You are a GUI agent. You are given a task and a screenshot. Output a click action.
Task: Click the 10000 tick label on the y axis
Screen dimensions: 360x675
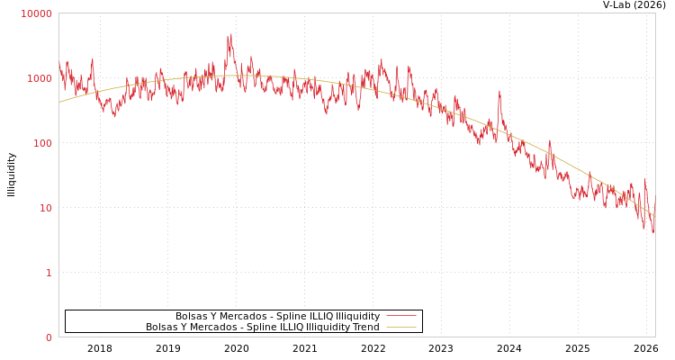pos(37,13)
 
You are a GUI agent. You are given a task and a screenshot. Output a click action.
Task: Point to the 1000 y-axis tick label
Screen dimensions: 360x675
pos(40,78)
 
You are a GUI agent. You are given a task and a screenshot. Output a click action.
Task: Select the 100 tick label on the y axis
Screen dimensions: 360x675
pos(42,143)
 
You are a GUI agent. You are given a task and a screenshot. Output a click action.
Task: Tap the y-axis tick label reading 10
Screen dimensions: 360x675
pos(45,208)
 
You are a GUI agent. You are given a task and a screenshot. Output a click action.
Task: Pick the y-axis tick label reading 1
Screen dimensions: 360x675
pos(49,273)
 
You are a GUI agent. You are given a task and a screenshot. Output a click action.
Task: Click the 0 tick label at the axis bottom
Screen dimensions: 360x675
pos(49,337)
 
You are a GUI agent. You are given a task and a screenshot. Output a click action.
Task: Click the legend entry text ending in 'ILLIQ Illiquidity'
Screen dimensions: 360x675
pos(277,317)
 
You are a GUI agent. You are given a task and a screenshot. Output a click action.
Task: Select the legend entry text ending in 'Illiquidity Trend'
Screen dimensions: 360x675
pos(263,328)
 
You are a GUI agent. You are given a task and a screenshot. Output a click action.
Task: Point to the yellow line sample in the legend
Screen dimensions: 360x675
pos(401,328)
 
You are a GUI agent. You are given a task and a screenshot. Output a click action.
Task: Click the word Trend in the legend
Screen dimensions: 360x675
pos(365,328)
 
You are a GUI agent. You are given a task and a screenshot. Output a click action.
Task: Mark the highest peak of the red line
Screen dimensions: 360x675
pos(230,35)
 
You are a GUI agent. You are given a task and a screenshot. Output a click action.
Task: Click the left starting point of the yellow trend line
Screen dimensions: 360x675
pos(59,102)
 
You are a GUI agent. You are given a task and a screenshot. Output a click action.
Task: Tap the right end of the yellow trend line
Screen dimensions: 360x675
pos(654,216)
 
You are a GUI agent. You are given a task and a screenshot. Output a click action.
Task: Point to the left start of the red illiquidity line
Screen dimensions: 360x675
pos(59,63)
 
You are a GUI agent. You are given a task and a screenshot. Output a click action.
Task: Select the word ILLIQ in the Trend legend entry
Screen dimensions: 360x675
pos(287,328)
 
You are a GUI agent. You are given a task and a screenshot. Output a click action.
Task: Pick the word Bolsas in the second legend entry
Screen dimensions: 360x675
pos(161,328)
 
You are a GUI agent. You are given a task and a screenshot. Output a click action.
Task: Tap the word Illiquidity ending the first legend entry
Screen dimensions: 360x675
pos(357,317)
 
